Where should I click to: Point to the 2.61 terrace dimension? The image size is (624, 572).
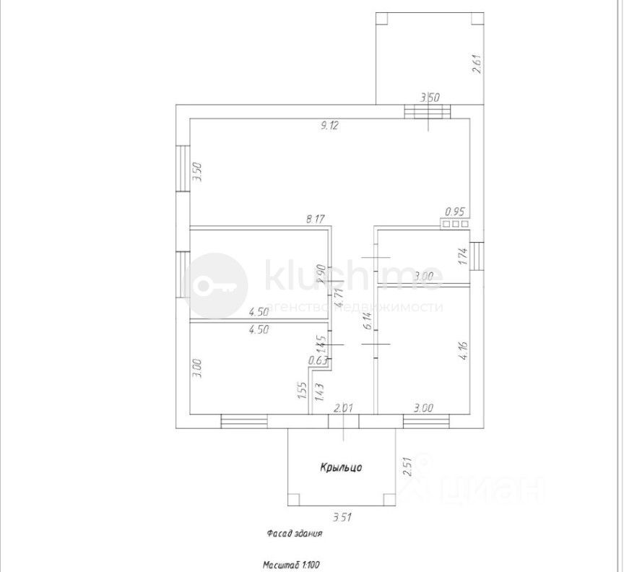coord(475,66)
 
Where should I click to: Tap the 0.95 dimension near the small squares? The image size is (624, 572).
coord(456,212)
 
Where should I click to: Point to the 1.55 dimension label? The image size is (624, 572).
coord(300,391)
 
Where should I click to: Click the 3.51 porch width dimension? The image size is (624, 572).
coord(342,517)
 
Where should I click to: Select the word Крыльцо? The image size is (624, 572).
coord(341,468)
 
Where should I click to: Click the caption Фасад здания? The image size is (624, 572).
coord(293,535)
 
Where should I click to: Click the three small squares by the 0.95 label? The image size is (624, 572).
coord(456,224)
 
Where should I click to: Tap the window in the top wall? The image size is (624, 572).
coord(427,113)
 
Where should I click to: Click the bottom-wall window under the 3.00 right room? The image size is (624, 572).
coord(426,421)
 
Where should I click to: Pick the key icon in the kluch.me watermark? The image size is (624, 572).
coord(214,285)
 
